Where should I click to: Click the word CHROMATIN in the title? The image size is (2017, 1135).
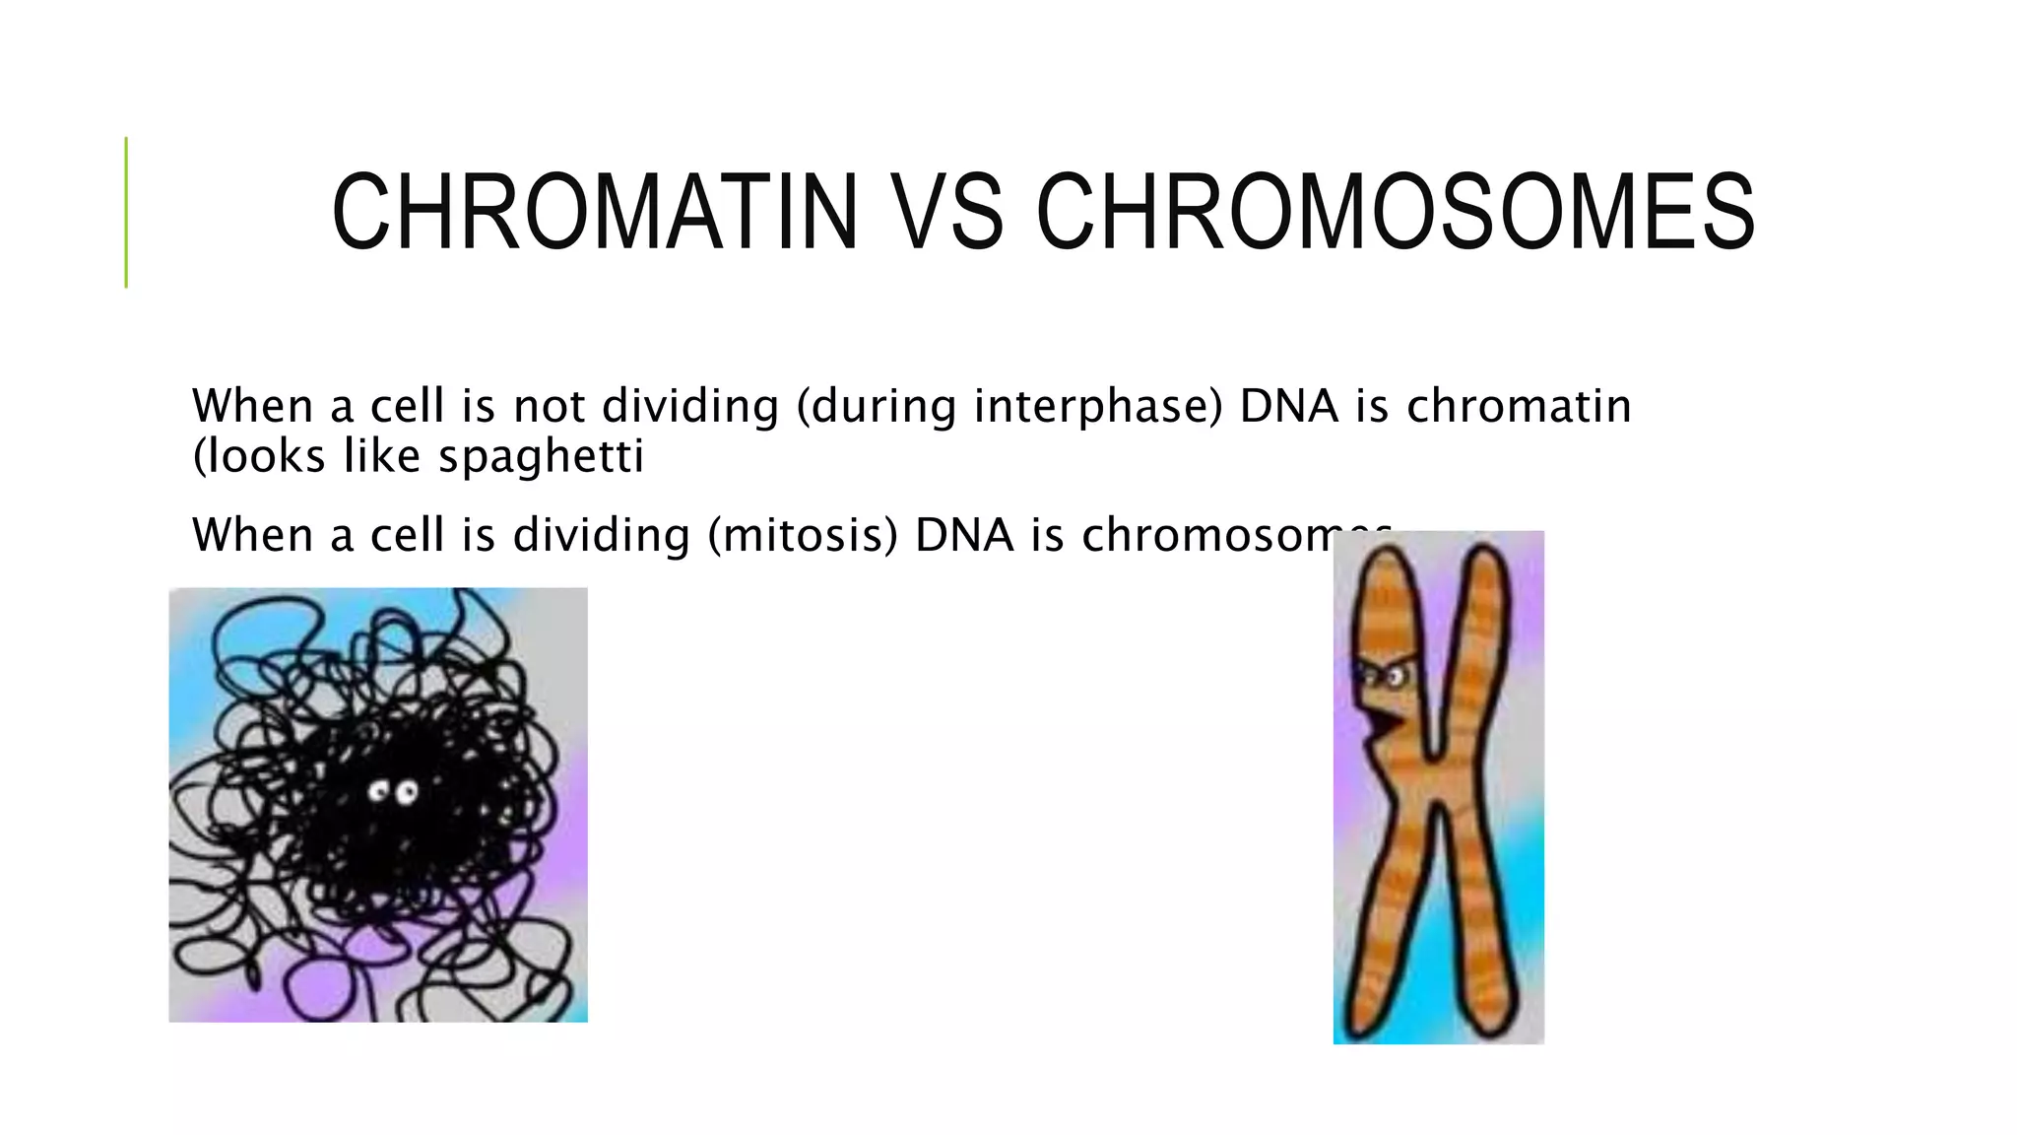point(595,212)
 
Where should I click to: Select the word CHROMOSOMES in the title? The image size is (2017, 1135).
point(1396,212)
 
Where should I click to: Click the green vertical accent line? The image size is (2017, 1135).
point(126,212)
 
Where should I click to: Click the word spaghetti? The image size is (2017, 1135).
point(541,456)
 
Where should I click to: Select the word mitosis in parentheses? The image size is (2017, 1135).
point(803,535)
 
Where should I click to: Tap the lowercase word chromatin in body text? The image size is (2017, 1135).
point(1519,406)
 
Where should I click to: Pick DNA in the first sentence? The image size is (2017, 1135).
point(1289,406)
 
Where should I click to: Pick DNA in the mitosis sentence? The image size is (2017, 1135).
point(964,535)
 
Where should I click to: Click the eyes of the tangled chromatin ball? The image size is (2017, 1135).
point(393,792)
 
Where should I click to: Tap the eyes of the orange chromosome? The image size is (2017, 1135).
point(1383,677)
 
